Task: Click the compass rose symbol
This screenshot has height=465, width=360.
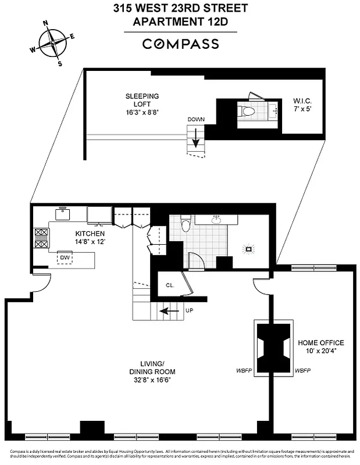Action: [52, 42]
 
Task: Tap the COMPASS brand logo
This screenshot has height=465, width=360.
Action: [180, 44]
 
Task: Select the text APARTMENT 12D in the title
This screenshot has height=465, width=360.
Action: [180, 22]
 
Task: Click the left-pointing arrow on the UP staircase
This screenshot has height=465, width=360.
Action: [169, 311]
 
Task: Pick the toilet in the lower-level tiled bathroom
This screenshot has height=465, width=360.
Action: [186, 223]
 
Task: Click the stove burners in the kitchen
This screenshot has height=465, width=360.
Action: [42, 238]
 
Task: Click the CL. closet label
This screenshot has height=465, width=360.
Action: [170, 285]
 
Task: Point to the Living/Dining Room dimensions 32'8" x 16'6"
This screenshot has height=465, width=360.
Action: [152, 380]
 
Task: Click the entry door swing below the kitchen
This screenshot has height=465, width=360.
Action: [39, 282]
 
